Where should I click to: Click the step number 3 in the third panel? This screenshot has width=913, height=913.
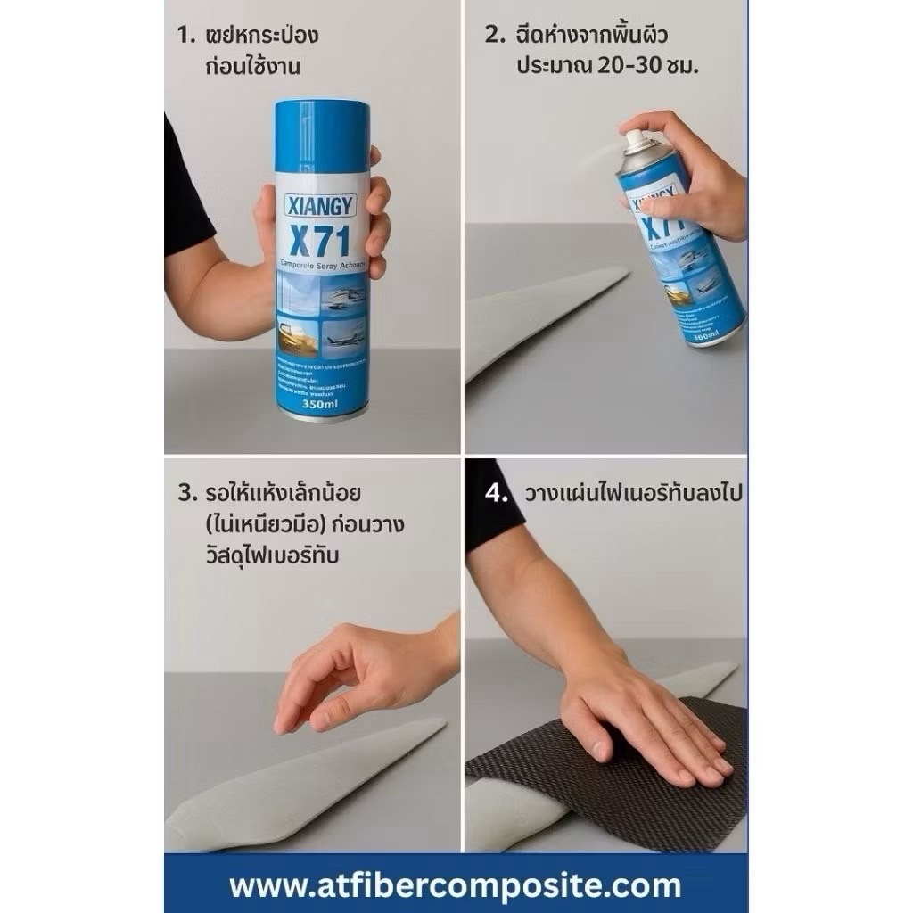coord(185,492)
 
